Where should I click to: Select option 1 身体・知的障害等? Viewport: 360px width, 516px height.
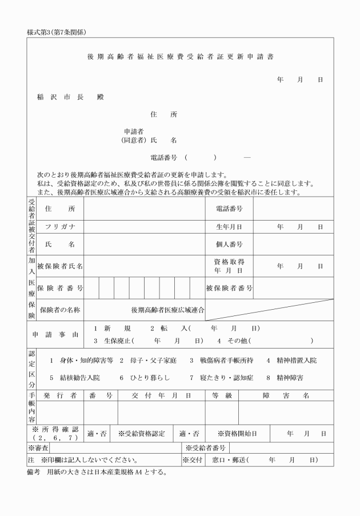coord(81,361)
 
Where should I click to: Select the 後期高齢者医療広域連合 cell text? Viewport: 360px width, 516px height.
coord(168,310)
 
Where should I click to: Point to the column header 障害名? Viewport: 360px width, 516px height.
coord(286,395)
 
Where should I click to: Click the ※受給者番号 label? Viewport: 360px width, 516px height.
coord(209,447)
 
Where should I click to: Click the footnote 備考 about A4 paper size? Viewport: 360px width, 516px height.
coord(97,473)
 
